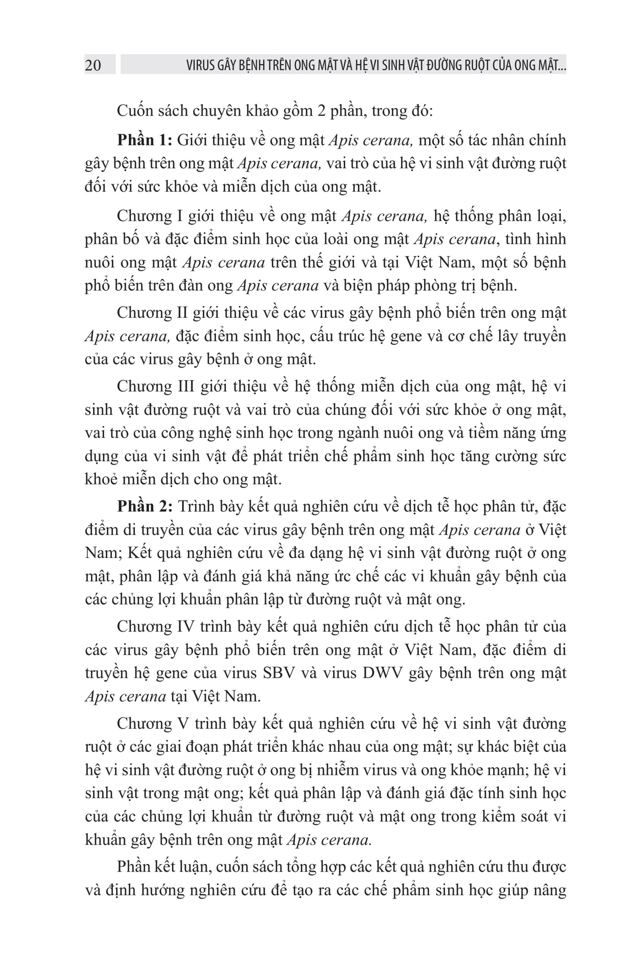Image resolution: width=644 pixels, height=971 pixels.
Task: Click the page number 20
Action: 93,65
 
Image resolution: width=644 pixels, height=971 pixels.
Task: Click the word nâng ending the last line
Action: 550,891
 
